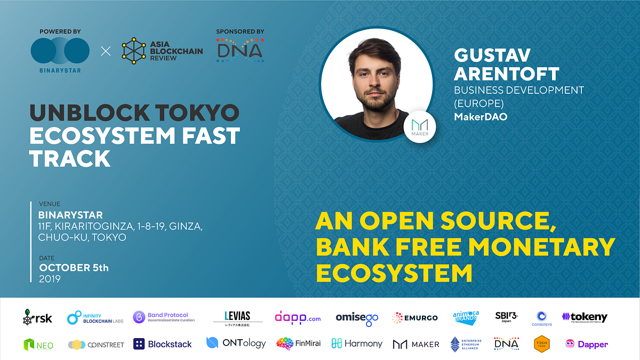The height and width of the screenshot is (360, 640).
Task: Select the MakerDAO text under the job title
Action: click(480, 116)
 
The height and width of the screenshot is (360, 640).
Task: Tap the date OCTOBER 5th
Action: click(74, 268)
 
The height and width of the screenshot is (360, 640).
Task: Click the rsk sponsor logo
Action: click(37, 317)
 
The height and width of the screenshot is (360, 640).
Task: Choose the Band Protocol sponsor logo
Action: click(164, 317)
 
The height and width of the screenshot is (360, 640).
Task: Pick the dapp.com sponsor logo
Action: click(298, 318)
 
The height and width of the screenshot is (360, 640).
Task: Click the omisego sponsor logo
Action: click(357, 318)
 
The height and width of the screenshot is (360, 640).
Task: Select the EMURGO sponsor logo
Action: click(414, 318)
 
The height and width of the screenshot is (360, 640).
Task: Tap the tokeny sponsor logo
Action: click(585, 317)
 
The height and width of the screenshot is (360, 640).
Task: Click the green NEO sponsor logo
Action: click(38, 345)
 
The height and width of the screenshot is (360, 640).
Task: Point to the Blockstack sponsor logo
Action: click(162, 344)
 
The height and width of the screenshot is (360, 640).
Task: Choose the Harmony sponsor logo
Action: click(356, 343)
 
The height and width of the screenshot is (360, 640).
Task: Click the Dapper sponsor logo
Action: click(586, 344)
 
